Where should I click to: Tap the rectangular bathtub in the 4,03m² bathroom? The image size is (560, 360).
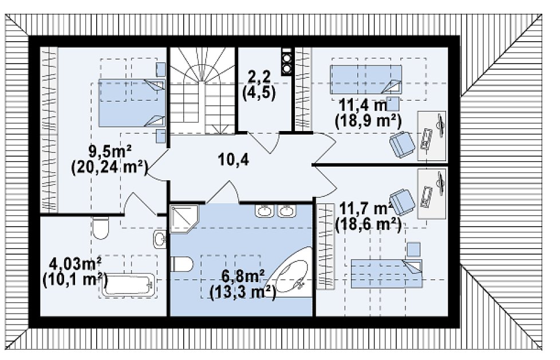click(x=129, y=285)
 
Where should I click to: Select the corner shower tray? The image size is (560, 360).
click(x=184, y=219)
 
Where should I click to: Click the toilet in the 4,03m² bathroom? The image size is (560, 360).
click(x=100, y=228)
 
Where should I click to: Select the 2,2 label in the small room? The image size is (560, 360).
click(x=259, y=77)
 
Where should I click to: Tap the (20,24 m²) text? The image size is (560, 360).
click(x=109, y=168)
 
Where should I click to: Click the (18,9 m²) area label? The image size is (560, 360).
click(x=368, y=121)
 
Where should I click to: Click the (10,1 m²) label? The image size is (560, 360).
click(x=74, y=280)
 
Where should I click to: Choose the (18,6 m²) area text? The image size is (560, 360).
click(x=368, y=225)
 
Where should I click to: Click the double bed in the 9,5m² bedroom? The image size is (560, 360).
click(x=132, y=103)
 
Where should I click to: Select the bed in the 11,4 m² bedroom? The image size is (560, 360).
click(x=366, y=80)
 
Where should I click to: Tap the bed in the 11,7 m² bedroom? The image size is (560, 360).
click(x=387, y=274)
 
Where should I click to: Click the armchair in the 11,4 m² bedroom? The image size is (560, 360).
click(x=402, y=144)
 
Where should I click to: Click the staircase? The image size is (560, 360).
click(x=202, y=90)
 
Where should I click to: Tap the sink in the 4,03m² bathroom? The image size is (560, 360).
click(x=160, y=239)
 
